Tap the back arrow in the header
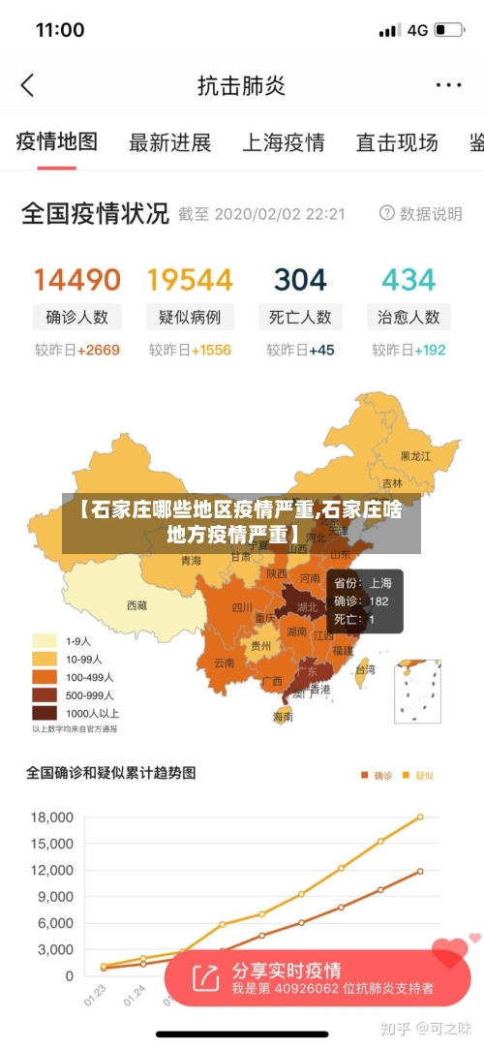[27, 85]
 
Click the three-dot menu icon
[448, 85]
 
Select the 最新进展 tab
[169, 143]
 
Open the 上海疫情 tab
[283, 143]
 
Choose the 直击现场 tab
[397, 143]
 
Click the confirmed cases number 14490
[77, 280]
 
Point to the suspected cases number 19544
[190, 280]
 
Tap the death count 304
[300, 280]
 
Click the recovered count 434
[408, 280]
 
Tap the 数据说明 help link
[421, 214]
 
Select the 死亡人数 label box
[300, 317]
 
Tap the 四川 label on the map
[242, 607]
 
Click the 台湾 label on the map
[365, 668]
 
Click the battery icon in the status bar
[448, 30]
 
